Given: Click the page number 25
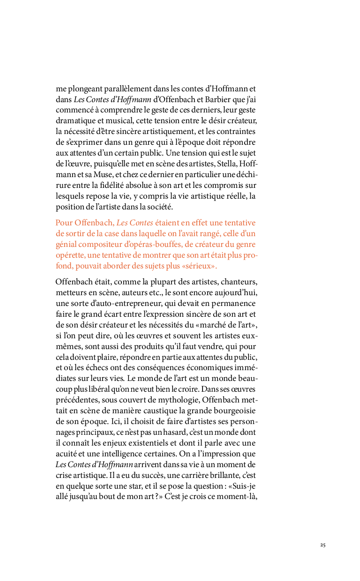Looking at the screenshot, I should click(x=323, y=545).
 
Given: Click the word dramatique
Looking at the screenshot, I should click(x=74, y=120).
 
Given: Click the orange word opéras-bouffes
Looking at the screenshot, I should click(x=155, y=244).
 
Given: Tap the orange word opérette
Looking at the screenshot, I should click(x=71, y=255).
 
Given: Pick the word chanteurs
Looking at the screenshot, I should click(x=239, y=282).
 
